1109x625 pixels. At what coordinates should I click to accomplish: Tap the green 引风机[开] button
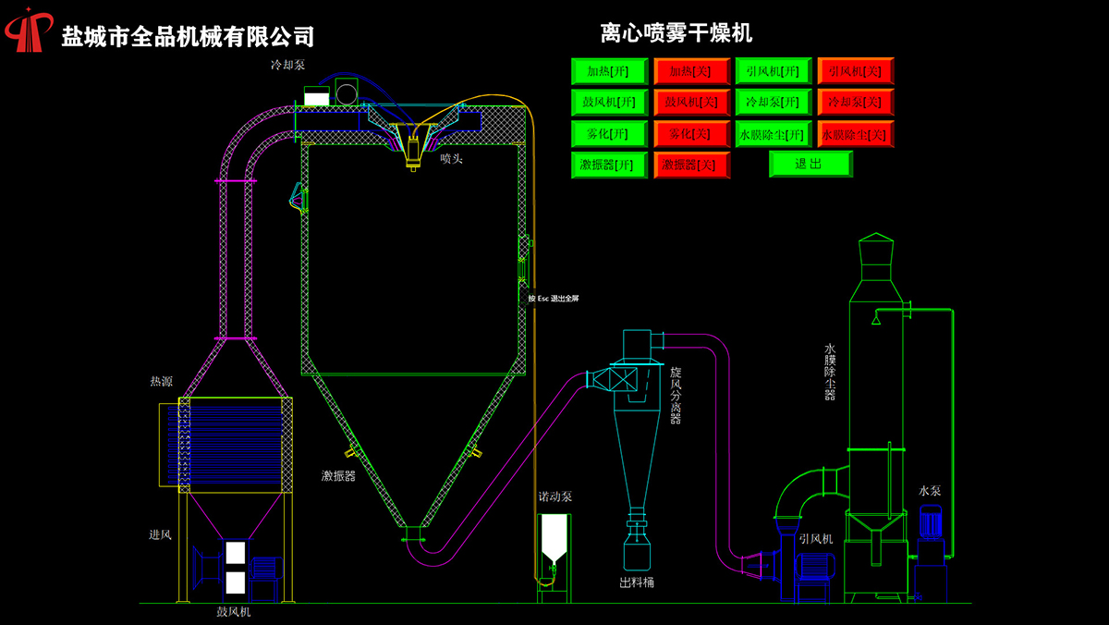click(774, 71)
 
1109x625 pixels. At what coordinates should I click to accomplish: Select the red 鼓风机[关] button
click(691, 102)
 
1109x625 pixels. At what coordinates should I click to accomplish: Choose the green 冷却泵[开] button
click(774, 102)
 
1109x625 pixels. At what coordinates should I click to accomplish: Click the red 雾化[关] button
click(691, 133)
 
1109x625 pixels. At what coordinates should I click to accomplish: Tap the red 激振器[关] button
click(691, 165)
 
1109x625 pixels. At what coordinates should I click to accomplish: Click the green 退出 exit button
click(810, 164)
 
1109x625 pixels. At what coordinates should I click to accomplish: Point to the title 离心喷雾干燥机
click(676, 34)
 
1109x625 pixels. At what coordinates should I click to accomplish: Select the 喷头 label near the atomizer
click(451, 159)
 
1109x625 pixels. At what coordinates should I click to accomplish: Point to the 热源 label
click(161, 381)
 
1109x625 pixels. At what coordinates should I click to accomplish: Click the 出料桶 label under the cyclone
click(637, 583)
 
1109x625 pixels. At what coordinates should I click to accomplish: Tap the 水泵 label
click(930, 490)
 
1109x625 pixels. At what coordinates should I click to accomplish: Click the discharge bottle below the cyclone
click(637, 553)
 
